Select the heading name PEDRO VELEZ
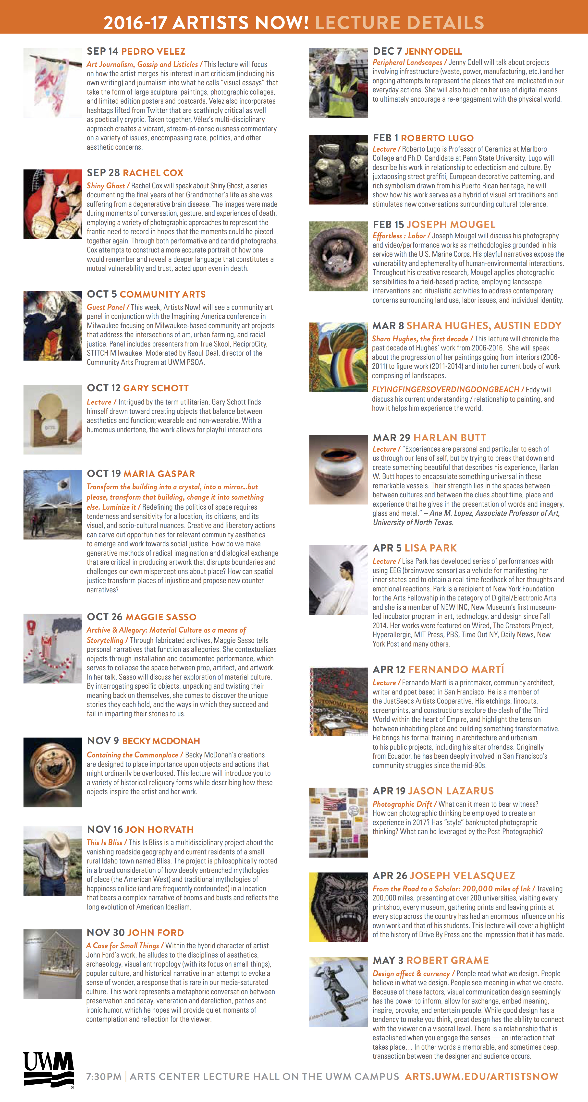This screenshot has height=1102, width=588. pos(153,51)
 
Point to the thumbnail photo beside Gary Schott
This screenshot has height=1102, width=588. pos(53,419)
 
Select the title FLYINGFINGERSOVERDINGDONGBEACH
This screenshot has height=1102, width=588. pos(445,389)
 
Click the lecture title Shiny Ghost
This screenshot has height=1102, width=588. pos(106,186)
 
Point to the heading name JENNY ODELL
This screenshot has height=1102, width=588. pos(433,51)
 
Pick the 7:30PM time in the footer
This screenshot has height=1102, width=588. pos(104,1076)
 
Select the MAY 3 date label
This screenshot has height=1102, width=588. pos(388,960)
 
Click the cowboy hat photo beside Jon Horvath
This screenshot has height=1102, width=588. pos(53,861)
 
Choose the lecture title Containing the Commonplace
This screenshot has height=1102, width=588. pos(133,755)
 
